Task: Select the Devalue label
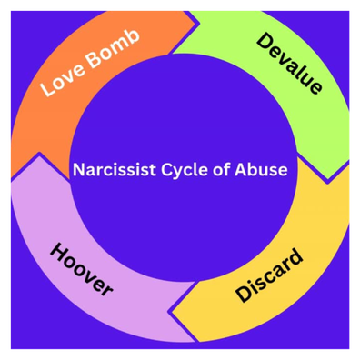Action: coord(289,64)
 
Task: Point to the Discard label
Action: coord(269,275)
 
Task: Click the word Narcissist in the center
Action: coord(114,169)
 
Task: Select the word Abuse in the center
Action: coord(261,169)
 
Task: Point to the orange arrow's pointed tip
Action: coord(198,23)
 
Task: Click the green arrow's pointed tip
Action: coord(327,183)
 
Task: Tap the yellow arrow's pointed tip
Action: coord(170,311)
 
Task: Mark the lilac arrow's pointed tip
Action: coord(39,153)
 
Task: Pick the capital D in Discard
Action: coord(245,294)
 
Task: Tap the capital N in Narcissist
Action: coord(78,170)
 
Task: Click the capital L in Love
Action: coord(47,88)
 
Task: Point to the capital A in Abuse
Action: coord(241,170)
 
